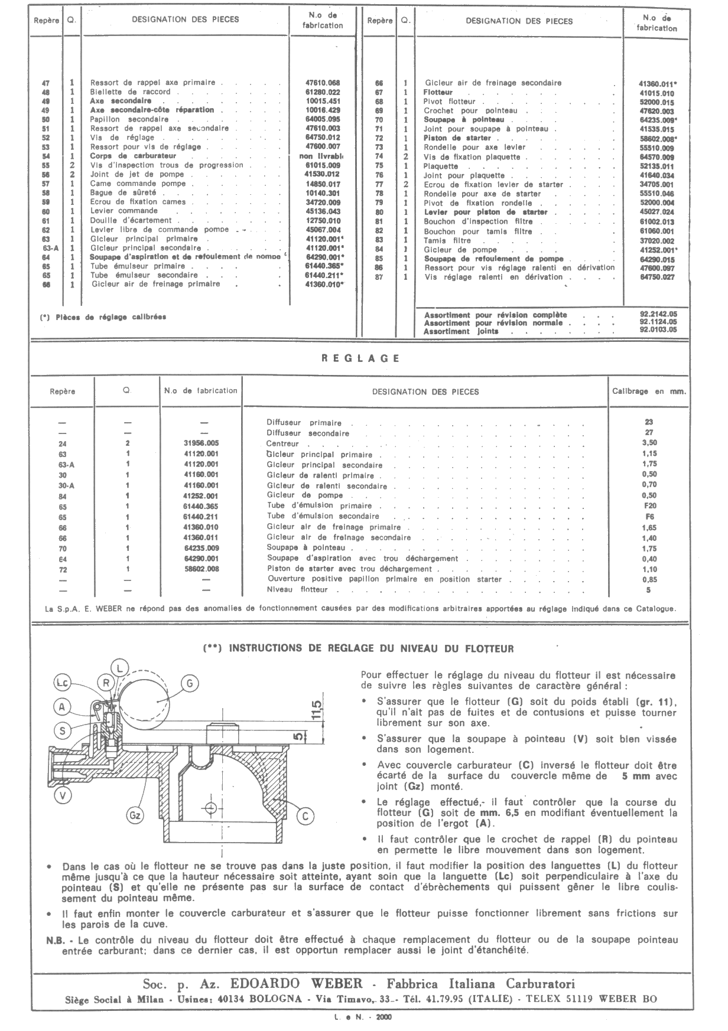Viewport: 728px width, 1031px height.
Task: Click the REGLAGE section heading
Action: point(361,358)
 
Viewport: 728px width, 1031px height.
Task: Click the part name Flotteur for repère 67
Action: point(438,93)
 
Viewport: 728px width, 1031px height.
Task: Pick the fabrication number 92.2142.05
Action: point(658,315)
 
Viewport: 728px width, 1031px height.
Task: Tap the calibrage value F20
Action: point(649,506)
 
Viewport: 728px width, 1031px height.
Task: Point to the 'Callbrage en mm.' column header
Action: point(649,391)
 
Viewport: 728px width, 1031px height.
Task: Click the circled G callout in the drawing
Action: point(189,684)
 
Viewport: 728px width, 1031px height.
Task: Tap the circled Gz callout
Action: point(135,815)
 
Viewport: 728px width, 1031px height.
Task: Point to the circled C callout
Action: point(305,816)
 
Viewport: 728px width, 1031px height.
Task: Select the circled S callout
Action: point(62,730)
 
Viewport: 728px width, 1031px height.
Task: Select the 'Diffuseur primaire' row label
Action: point(304,423)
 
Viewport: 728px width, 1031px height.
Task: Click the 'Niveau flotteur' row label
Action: point(297,589)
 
